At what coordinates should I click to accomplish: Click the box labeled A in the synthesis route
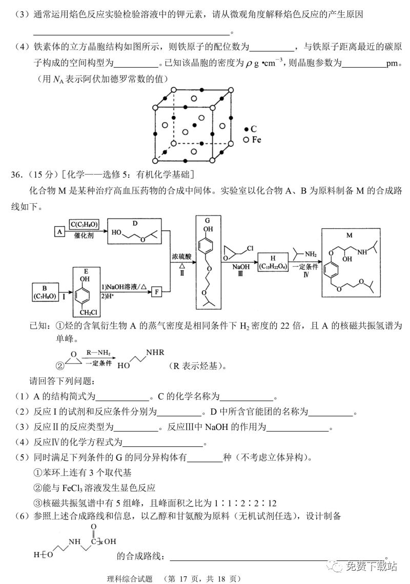(x=59, y=231)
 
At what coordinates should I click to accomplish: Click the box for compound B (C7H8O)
(x=45, y=291)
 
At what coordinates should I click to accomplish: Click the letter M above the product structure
(x=350, y=235)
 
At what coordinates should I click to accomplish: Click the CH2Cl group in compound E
(x=88, y=311)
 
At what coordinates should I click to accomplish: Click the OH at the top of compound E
(x=85, y=279)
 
